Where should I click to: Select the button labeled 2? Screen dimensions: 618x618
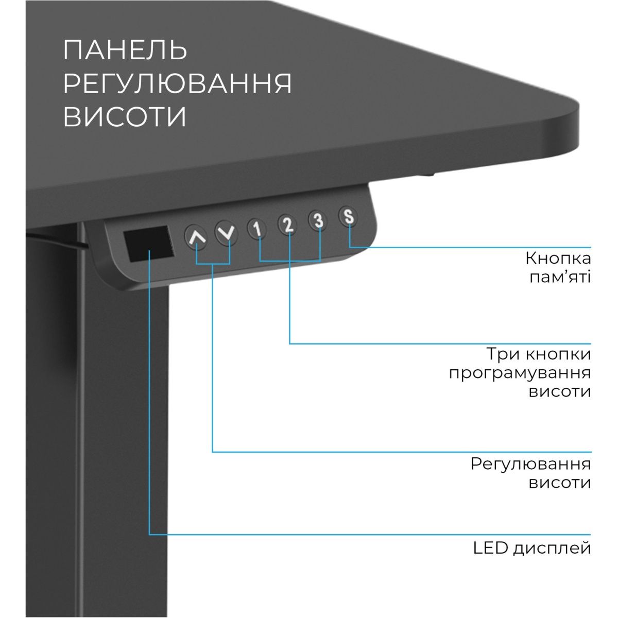tap(288, 224)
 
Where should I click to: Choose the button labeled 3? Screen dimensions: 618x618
tap(319, 220)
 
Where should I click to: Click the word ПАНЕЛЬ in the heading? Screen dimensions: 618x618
tap(125, 50)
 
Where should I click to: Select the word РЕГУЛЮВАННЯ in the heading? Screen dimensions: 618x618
tap(177, 83)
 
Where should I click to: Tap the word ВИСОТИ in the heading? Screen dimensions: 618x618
tap(125, 117)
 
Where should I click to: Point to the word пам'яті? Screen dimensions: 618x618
tap(560, 278)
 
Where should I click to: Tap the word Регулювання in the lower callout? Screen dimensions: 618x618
tap(530, 463)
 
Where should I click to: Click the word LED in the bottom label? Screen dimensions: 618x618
tap(490, 547)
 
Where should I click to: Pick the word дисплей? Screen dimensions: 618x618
tap(552, 548)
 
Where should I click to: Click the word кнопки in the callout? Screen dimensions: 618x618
tap(559, 354)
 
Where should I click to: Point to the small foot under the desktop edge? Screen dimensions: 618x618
tap(427, 176)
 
